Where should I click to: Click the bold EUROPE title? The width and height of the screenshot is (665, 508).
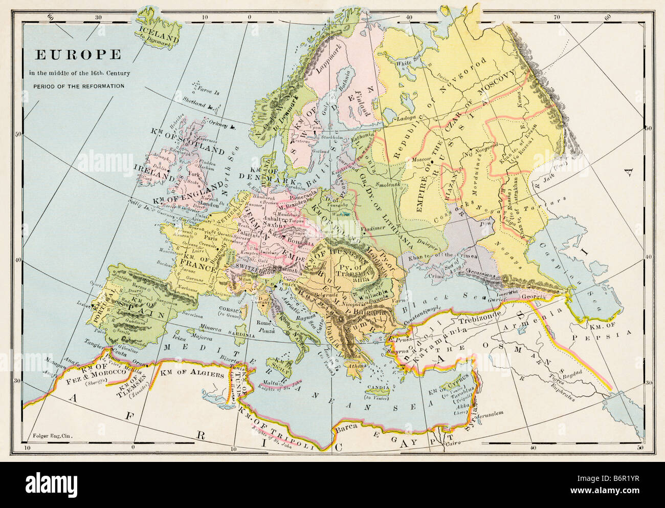point(78,54)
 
